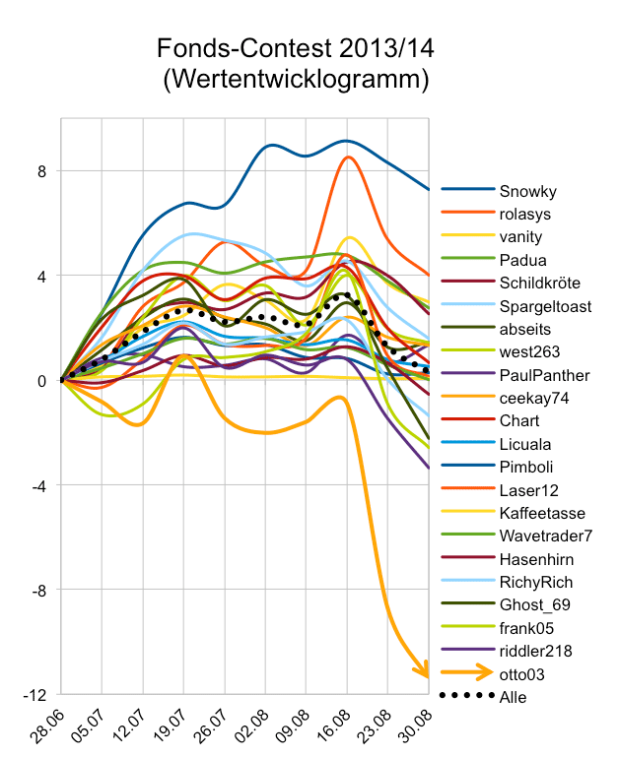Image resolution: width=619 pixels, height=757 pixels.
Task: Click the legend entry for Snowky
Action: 527,191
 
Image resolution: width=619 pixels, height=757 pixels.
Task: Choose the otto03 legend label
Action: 523,674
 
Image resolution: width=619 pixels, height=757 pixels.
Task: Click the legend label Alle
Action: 514,697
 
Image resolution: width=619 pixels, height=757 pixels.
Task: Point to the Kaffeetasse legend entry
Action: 542,513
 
